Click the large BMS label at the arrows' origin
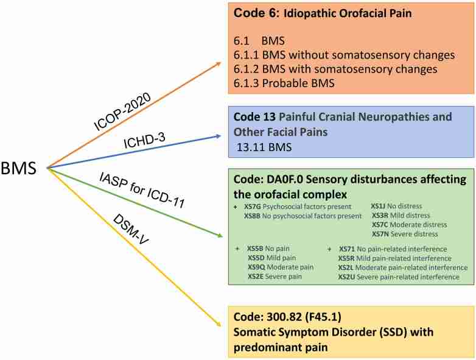23,166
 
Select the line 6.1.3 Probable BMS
279,83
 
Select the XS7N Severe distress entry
405,233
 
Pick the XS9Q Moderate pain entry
277,267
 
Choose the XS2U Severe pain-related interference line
402,277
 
